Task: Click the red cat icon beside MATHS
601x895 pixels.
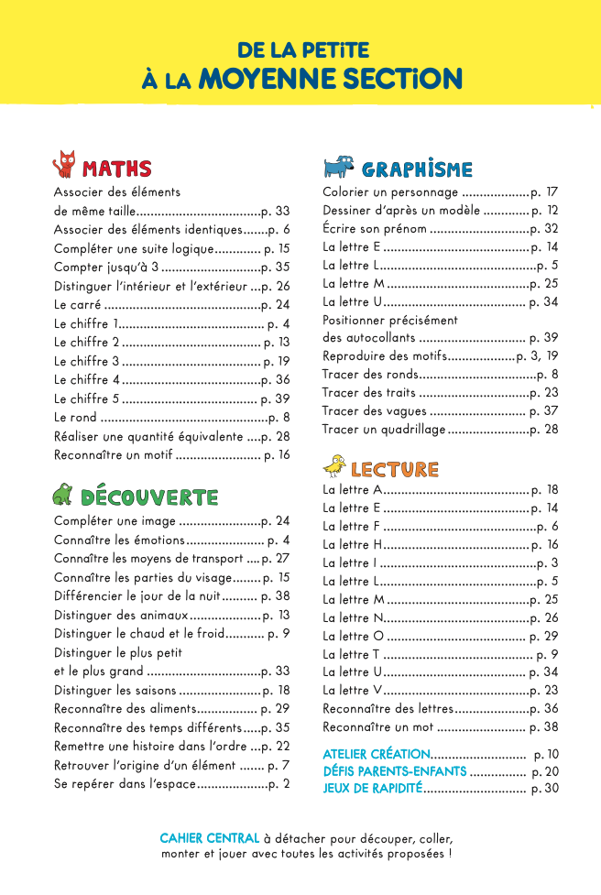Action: click(64, 165)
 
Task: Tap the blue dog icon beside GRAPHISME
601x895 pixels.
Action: click(337, 167)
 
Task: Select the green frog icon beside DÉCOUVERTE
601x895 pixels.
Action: click(62, 496)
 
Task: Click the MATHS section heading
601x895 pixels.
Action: click(117, 169)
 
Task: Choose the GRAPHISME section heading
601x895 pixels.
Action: click(417, 169)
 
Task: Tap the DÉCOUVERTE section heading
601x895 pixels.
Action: click(149, 497)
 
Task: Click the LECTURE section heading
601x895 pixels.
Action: click(394, 469)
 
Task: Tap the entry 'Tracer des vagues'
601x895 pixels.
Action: click(375, 410)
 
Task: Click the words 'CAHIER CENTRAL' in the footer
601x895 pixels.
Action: click(209, 838)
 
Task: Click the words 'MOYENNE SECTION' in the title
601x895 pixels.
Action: click(330, 79)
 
